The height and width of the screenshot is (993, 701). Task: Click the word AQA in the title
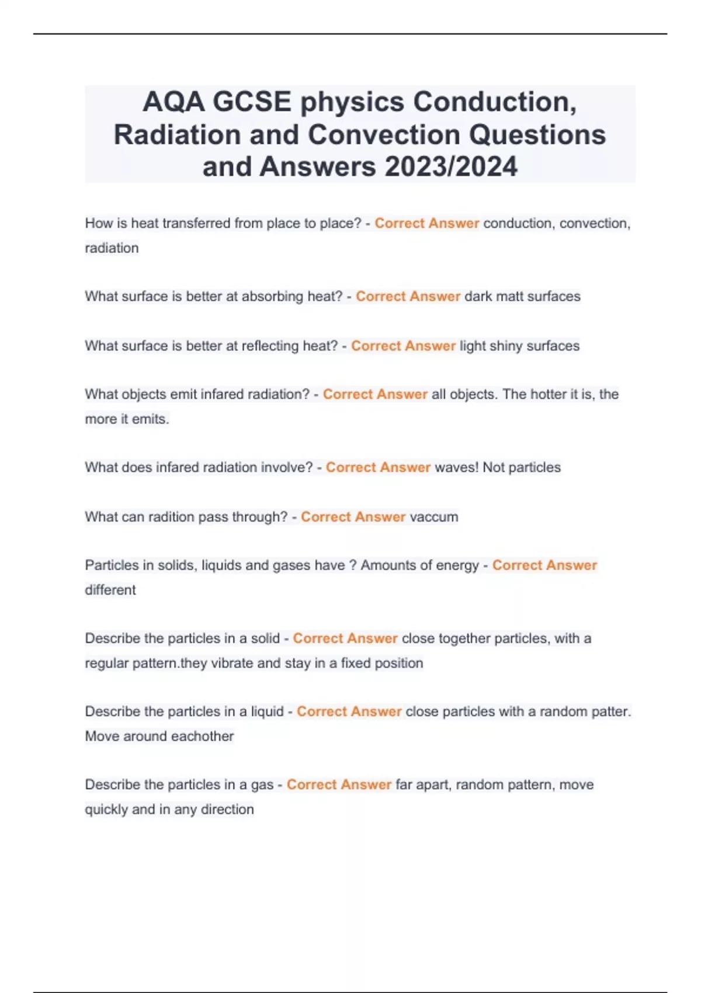pyautogui.click(x=173, y=102)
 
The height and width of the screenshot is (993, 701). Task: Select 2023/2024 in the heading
pyautogui.click(x=451, y=167)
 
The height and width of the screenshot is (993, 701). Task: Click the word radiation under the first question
pyautogui.click(x=112, y=248)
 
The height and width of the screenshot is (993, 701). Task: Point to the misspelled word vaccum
pyautogui.click(x=434, y=517)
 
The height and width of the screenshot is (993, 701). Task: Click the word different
pyautogui.click(x=110, y=590)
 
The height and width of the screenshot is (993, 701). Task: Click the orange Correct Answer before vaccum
pyautogui.click(x=353, y=517)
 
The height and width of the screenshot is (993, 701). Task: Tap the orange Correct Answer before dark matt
pyautogui.click(x=408, y=297)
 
